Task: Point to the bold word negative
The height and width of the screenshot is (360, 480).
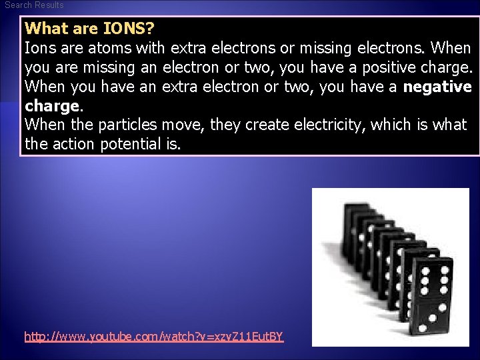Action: click(x=437, y=87)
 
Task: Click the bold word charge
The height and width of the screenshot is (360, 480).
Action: click(x=52, y=106)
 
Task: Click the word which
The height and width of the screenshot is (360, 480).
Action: click(x=389, y=125)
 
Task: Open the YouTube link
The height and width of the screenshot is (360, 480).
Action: click(x=154, y=337)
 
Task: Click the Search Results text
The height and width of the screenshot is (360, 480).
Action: click(x=34, y=5)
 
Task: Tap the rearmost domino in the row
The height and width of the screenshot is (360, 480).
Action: click(x=351, y=227)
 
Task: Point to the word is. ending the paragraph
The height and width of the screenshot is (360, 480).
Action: click(x=170, y=144)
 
